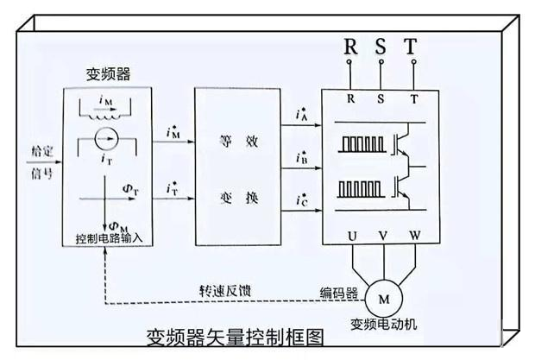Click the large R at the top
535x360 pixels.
coord(351,47)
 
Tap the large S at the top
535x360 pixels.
coord(381,47)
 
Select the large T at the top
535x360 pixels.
coord(413,47)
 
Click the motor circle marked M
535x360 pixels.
coord(383,300)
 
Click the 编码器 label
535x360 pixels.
coord(340,292)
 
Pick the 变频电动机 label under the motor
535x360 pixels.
coord(382,325)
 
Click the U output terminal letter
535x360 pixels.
coord(351,233)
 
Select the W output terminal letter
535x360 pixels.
coord(415,233)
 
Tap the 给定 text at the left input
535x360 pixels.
coord(41,150)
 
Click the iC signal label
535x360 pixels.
coord(300,203)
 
